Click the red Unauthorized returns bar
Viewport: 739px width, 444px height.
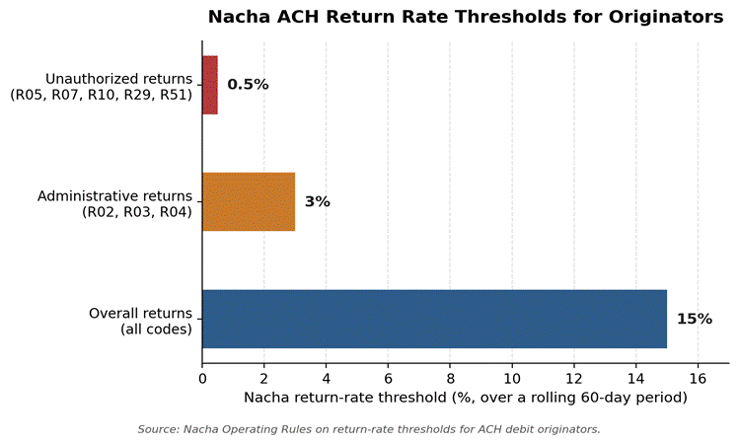[x=210, y=85]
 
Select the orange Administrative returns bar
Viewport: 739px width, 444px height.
[x=249, y=201]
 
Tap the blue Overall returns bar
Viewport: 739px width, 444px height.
[x=434, y=319]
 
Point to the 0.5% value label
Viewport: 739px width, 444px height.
[x=248, y=85]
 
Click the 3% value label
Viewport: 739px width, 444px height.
[x=317, y=201]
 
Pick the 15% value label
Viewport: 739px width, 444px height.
[x=695, y=319]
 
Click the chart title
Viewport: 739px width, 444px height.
[x=466, y=17]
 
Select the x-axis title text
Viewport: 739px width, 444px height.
[x=466, y=398]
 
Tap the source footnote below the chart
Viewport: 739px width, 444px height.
[x=369, y=429]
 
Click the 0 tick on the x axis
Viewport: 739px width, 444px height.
[x=202, y=379]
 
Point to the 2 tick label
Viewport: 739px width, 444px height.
[x=264, y=379]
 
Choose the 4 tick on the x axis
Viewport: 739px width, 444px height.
[x=327, y=379]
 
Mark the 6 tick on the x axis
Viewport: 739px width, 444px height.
[x=388, y=379]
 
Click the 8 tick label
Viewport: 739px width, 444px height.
[x=450, y=379]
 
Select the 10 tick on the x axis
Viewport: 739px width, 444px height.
[x=512, y=379]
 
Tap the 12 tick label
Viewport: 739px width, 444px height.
[x=574, y=379]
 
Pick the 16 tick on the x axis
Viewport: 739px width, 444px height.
[x=698, y=379]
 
